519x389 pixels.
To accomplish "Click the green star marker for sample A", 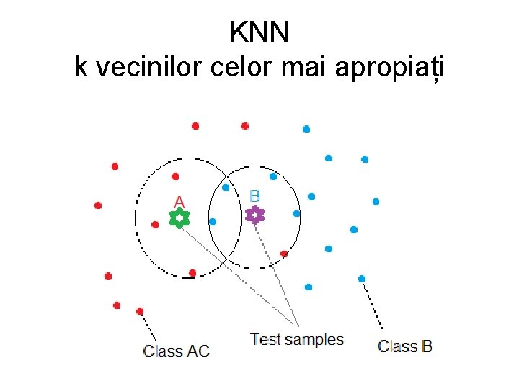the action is pos(179,218).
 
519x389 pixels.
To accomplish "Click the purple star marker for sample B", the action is pos(254,215).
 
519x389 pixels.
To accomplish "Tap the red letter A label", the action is pos(179,202).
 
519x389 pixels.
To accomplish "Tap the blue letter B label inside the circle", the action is pos(254,196).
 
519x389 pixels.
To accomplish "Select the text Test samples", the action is pos(296,339).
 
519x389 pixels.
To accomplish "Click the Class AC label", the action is pos(177,352).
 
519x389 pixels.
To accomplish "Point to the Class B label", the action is pos(405,346).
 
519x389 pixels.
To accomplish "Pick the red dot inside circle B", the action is pos(284,254).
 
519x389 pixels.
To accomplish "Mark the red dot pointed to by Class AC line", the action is pos(140,311).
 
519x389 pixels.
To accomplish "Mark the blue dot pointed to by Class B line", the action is pos(362,279).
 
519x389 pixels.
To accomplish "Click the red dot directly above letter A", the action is pos(175,176).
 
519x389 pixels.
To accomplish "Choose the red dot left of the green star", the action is pos(155,225).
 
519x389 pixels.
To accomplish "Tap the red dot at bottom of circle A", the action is pos(192,272).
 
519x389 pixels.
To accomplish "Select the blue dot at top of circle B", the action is pos(272,176).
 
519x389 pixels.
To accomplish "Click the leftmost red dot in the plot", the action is pos(98,205).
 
